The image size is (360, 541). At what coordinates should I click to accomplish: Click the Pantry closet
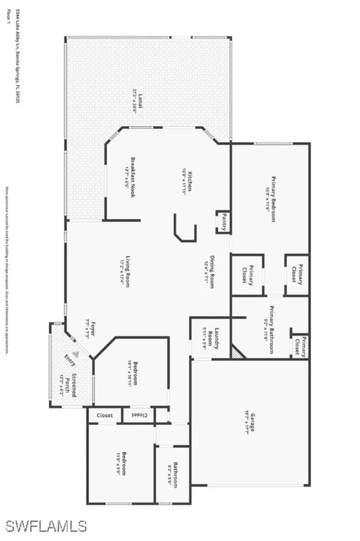click(223, 222)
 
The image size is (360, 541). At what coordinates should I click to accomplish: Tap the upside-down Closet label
click(139, 415)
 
